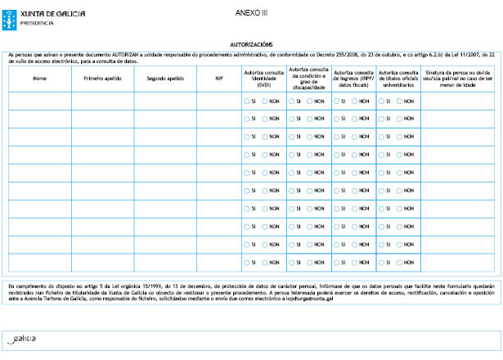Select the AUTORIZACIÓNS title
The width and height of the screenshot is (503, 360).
[251, 45]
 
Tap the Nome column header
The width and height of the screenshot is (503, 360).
[39, 79]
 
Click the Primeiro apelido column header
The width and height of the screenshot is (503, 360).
[102, 79]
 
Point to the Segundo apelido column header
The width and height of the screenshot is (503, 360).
[164, 79]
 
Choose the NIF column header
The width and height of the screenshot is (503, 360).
[219, 79]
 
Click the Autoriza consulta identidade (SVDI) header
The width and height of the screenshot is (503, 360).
[264, 79]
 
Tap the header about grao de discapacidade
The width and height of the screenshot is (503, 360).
[309, 79]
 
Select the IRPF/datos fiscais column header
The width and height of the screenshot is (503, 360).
[354, 79]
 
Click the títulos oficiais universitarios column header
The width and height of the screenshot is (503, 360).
[398, 79]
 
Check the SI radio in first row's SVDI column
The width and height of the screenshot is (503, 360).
[247, 101]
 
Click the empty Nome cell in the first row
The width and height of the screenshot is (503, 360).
[39, 101]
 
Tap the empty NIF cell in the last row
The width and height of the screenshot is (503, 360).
[219, 263]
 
